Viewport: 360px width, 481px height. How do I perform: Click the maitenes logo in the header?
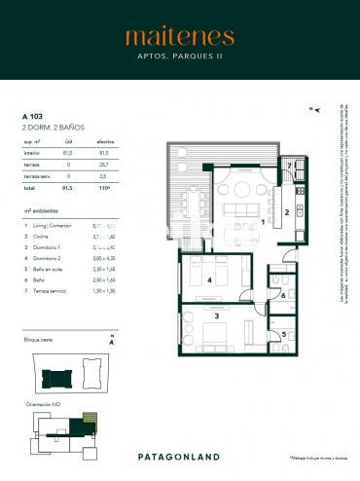pos(179,37)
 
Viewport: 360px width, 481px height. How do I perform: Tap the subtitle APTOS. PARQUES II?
pos(179,57)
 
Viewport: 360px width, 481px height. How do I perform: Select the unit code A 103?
pos(34,117)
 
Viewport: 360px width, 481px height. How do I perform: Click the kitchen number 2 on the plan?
pos(286,211)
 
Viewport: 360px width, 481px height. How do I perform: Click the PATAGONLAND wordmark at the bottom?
pos(179,457)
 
